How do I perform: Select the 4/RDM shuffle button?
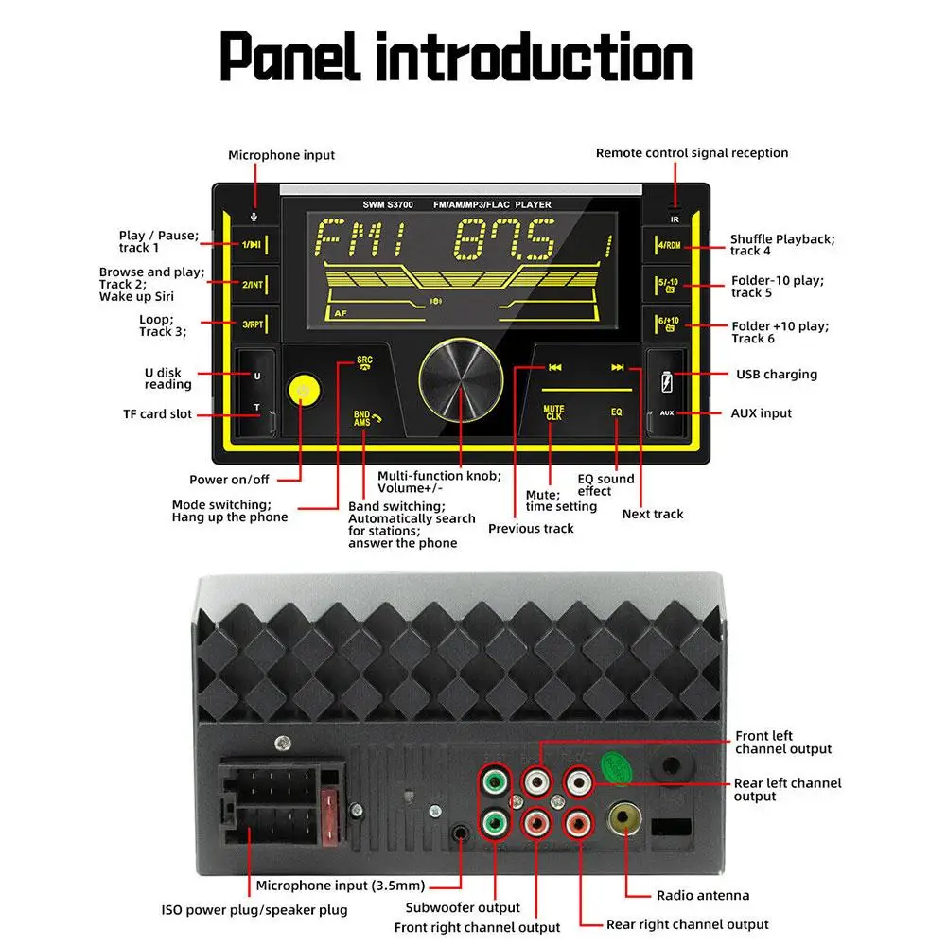(669, 245)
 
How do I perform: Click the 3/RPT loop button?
(252, 324)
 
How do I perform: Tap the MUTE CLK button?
(553, 413)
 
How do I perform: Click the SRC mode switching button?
(364, 364)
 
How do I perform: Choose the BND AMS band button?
(363, 417)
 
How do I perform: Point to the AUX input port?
(668, 413)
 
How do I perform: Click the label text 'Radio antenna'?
(703, 895)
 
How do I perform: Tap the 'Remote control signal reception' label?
(692, 153)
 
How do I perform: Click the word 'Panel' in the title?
(291, 58)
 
